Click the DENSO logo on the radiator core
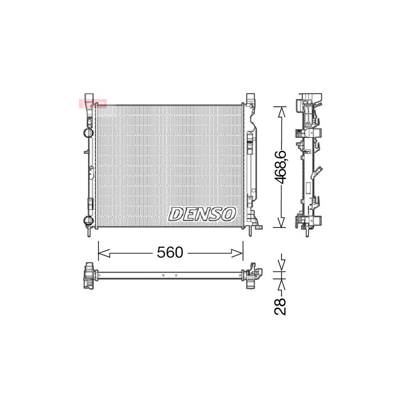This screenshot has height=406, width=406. pyautogui.click(x=202, y=214)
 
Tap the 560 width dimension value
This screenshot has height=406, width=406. pyautogui.click(x=170, y=253)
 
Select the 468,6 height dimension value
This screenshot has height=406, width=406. pyautogui.click(x=281, y=166)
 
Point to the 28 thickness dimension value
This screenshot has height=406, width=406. pyautogui.click(x=281, y=306)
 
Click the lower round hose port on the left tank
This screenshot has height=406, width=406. pyautogui.click(x=87, y=220)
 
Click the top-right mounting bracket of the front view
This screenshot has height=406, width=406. pyautogui.click(x=250, y=100)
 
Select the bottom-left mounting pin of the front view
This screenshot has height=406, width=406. pyautogui.click(x=89, y=232)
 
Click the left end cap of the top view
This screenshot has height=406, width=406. pyautogui.click(x=88, y=275)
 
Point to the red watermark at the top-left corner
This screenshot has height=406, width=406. pyautogui.click(x=92, y=104)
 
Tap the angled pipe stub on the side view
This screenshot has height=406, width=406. pyautogui.click(x=319, y=171)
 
